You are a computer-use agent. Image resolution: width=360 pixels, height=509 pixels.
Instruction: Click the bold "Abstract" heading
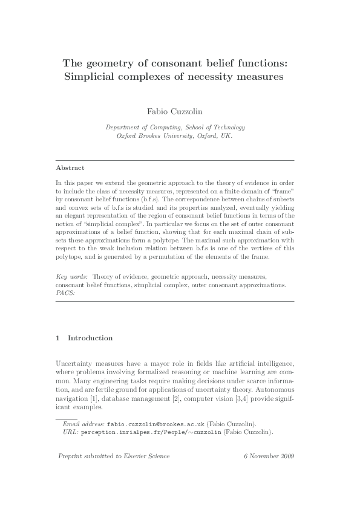click(70, 167)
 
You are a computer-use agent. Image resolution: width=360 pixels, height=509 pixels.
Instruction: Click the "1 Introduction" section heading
click(84, 338)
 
